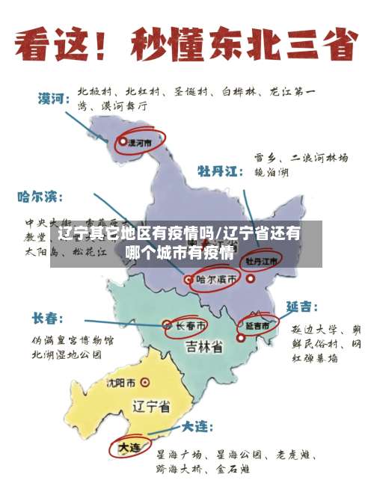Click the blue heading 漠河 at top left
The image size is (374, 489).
click(55, 98)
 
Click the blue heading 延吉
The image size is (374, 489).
click(301, 307)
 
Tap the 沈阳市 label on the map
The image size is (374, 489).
click(121, 383)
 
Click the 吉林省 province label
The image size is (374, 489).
click(204, 347)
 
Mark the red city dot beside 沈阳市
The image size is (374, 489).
click(144, 383)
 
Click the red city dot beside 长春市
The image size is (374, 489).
click(167, 325)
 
